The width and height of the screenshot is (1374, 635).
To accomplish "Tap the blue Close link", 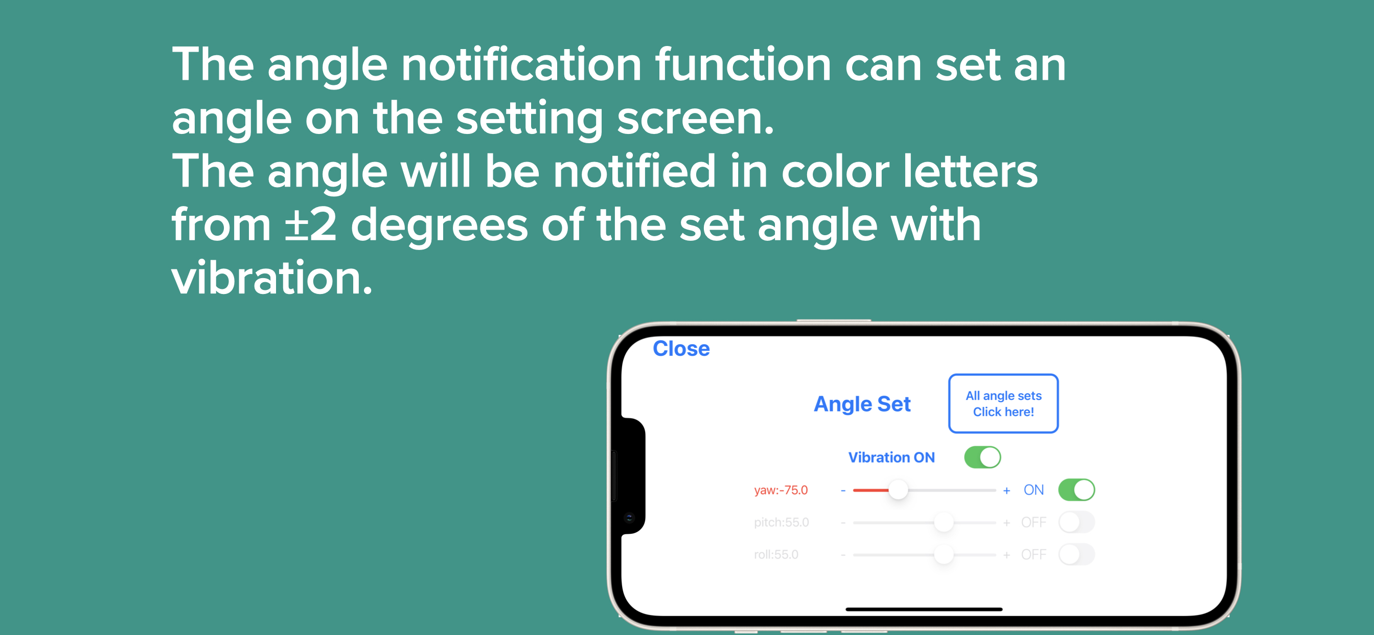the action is tap(681, 349).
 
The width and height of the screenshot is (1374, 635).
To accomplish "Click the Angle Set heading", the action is tap(862, 404).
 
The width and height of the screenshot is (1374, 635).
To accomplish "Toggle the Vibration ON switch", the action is tap(982, 457).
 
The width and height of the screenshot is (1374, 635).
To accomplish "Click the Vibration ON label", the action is tap(891, 457).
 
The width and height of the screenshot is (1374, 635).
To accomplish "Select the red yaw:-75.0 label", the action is tap(781, 490).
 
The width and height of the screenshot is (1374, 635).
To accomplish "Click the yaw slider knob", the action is tap(898, 490).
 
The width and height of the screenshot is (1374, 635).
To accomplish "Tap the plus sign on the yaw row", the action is tap(1006, 490).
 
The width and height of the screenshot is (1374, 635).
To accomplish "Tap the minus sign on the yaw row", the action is tap(843, 490).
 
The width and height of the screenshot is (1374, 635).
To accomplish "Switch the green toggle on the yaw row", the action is tap(1077, 490).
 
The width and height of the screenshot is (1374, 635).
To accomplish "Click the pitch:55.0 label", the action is tap(782, 523).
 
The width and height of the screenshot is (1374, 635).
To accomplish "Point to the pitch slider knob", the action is tap(944, 523).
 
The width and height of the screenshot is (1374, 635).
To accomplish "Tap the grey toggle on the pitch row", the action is tap(1077, 523).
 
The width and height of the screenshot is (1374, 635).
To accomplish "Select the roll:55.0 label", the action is tap(776, 554).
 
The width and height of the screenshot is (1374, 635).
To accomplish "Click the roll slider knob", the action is tap(944, 554).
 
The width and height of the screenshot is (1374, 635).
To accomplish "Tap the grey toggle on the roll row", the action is tap(1077, 554).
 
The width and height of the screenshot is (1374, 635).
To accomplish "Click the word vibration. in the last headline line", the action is tap(271, 278).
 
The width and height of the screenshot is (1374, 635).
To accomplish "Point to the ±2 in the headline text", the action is tap(310, 224).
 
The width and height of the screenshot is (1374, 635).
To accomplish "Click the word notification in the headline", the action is tap(521, 64).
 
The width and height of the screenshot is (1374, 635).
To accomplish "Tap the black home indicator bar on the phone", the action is tap(924, 609).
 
